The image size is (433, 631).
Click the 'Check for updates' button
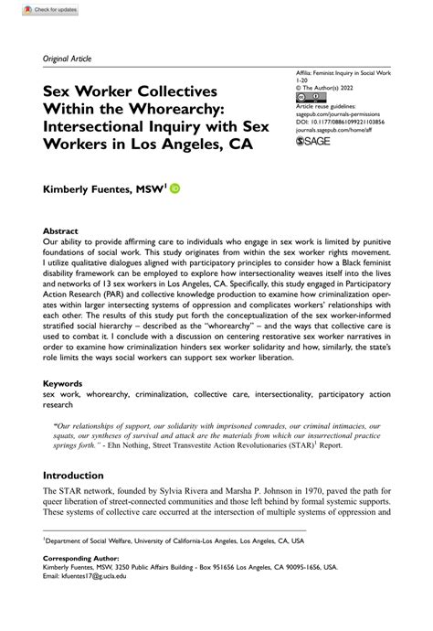point(30,8)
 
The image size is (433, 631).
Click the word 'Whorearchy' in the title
point(188,110)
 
